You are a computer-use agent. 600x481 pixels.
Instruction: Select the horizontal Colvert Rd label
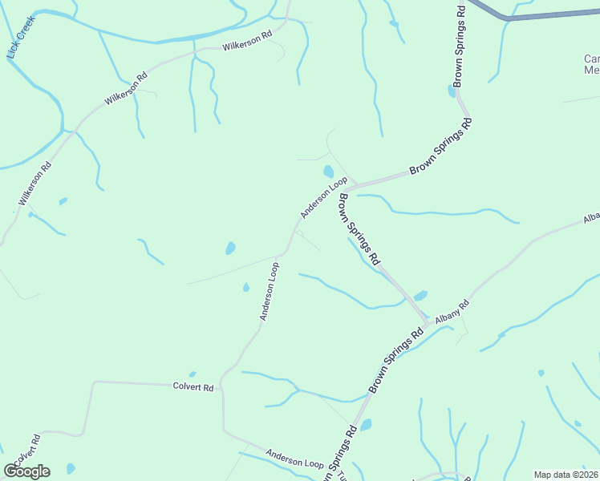click(193, 387)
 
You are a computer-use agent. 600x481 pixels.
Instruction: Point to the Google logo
click(27, 471)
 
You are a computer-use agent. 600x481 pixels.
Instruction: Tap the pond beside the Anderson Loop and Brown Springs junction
click(328, 171)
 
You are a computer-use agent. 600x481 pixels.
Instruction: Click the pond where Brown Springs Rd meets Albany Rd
click(420, 296)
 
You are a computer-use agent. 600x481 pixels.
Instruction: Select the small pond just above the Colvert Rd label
click(193, 374)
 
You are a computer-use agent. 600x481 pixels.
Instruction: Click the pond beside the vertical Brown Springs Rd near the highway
click(452, 91)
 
